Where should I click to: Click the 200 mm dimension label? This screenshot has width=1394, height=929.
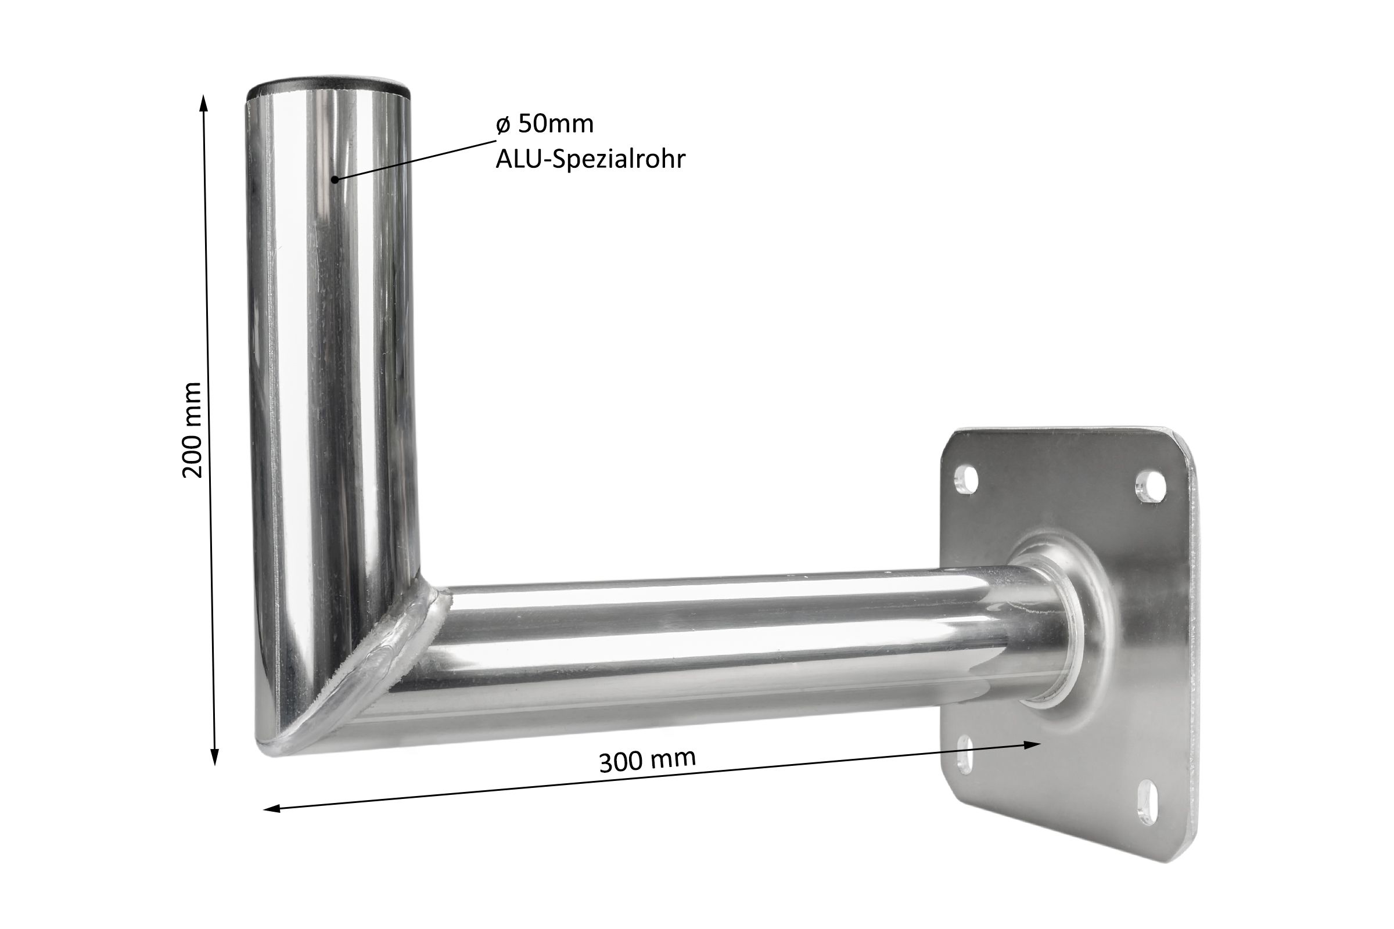[x=193, y=430]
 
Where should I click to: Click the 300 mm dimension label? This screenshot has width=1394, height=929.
[x=647, y=761]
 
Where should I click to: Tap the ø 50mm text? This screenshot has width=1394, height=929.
[x=545, y=124]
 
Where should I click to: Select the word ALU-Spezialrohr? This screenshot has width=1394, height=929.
[x=590, y=159]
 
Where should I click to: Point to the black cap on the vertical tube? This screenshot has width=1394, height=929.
[x=329, y=88]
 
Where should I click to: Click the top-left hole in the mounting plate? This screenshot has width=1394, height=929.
[x=967, y=480]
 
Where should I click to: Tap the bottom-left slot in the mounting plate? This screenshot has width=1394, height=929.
[x=965, y=754]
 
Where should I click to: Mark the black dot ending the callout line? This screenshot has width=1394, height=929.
[x=335, y=179]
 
